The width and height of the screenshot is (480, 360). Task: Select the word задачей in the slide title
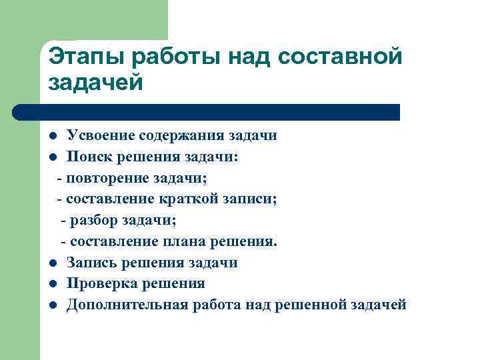point(96,83)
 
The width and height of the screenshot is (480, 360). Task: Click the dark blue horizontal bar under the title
point(207,112)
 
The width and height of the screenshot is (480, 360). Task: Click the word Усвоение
point(99,136)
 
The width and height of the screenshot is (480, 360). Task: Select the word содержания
point(177,136)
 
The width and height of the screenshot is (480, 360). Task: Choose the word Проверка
point(99,284)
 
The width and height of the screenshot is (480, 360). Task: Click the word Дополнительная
point(124,305)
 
